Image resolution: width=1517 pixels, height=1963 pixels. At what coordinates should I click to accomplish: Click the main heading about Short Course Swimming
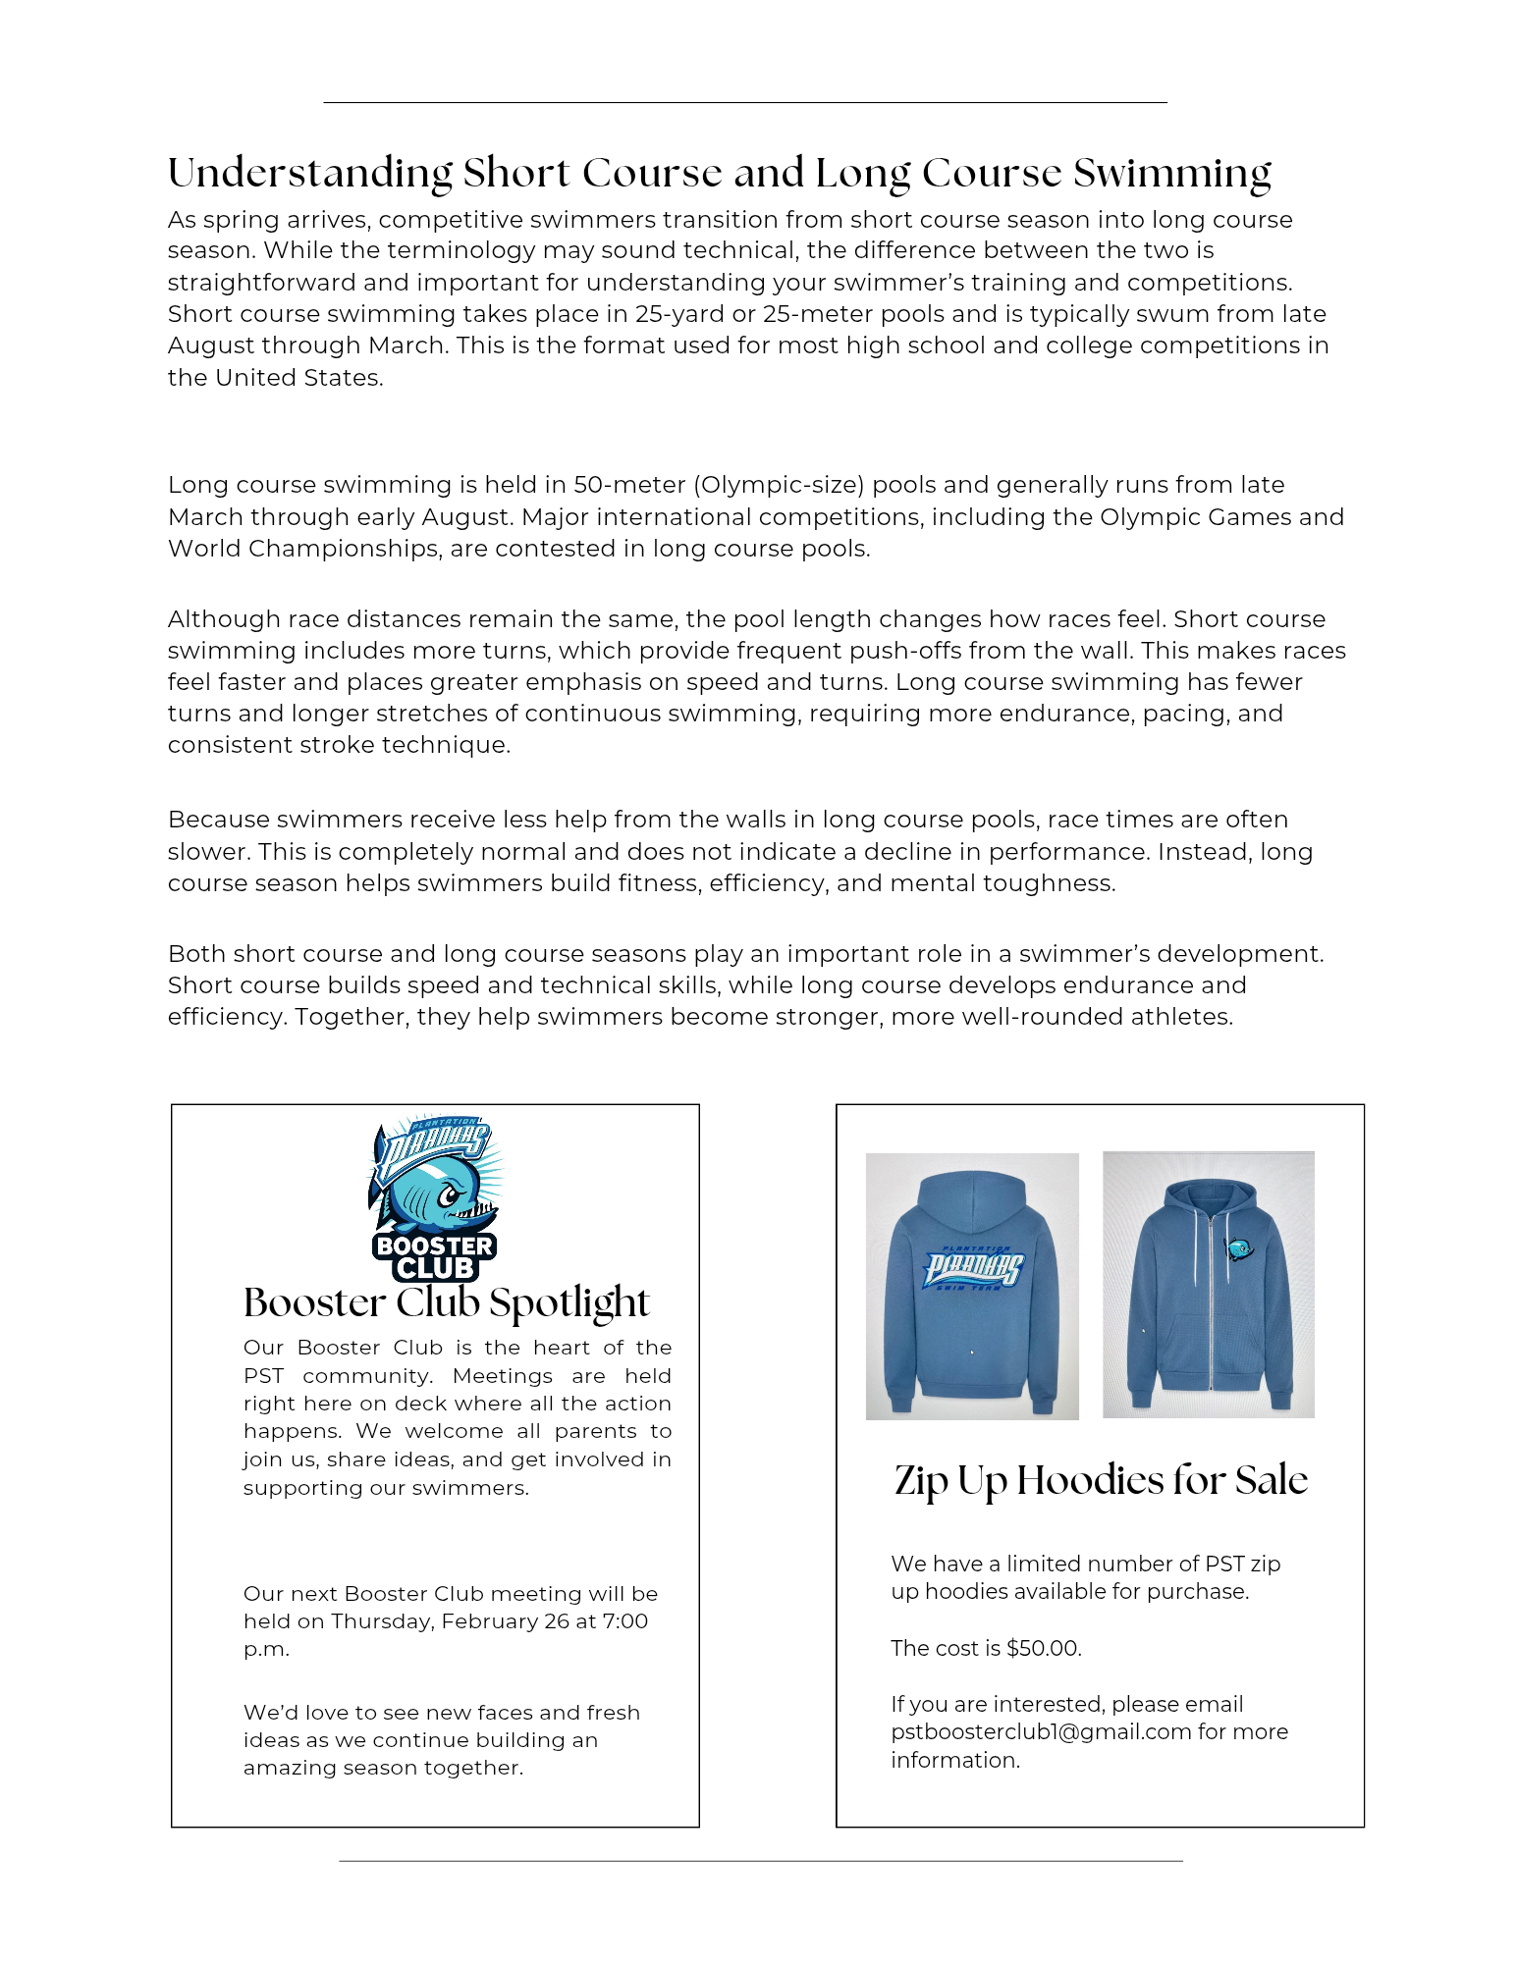[x=719, y=173]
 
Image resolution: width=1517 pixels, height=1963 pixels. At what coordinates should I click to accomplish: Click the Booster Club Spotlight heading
[x=446, y=1302]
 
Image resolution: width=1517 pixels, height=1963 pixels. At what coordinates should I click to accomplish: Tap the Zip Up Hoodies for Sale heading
[x=1101, y=1480]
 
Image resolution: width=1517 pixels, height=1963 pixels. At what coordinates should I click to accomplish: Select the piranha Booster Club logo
[x=435, y=1197]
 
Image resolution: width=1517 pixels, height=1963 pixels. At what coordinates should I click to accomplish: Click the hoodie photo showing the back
[x=972, y=1286]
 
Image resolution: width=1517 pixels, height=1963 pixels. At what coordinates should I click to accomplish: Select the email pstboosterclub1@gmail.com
[x=1041, y=1731]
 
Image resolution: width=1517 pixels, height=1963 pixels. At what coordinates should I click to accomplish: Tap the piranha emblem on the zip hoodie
[x=1239, y=1249]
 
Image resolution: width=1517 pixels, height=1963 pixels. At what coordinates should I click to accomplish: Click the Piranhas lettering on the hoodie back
[x=972, y=1268]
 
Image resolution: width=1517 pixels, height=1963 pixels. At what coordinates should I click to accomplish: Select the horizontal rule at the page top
[x=744, y=102]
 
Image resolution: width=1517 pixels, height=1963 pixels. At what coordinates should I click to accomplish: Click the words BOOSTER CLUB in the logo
[x=435, y=1257]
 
